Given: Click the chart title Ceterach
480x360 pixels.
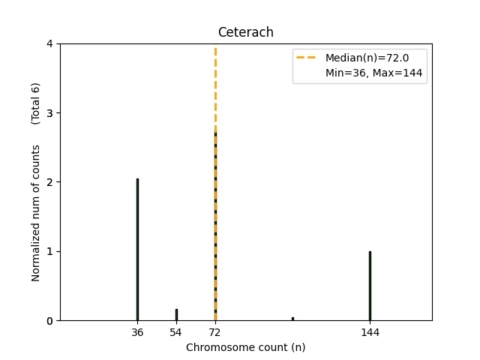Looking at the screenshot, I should pos(245,32).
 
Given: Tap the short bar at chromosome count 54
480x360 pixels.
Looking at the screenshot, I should pos(176,315).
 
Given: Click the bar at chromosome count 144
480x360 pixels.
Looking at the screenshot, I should pos(370,286).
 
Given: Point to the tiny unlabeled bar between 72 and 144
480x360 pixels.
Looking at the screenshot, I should pos(292,319).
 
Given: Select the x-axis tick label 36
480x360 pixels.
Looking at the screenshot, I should pos(137,331).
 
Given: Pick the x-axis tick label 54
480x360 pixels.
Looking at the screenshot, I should pos(175,331).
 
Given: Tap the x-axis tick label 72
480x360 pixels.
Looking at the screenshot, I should pos(214,331).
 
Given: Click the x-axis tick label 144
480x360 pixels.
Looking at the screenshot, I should pos(370,331).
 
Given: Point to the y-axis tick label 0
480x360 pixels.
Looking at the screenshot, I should pos(49,321).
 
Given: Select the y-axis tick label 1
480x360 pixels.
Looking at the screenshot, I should pos(49,251).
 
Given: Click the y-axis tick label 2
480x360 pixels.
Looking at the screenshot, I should pos(49,182).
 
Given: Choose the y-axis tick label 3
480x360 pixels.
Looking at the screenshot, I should pos(49,113).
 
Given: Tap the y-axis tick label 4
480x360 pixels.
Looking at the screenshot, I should pos(49,44).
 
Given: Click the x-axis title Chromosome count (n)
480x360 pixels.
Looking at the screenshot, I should pos(245,347).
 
